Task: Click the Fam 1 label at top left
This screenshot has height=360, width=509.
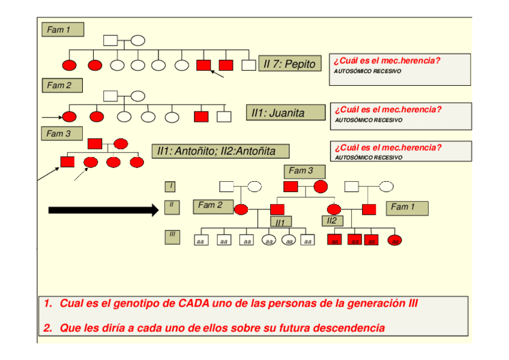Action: [62, 29]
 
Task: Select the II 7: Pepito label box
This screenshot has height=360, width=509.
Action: [289, 64]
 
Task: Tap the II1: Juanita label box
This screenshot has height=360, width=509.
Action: [278, 113]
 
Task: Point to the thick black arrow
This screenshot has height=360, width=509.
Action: [102, 210]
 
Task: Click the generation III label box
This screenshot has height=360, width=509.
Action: [171, 236]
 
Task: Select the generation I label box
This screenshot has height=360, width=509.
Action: [170, 187]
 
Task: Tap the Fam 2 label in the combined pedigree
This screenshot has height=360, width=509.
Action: [211, 205]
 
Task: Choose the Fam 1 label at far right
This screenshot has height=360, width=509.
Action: [407, 208]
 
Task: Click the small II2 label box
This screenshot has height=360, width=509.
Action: [332, 221]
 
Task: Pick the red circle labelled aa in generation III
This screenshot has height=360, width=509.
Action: [394, 241]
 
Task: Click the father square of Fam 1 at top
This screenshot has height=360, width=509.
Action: [110, 41]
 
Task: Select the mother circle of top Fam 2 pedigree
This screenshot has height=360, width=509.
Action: [138, 96]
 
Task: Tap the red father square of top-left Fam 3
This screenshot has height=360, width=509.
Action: [94, 143]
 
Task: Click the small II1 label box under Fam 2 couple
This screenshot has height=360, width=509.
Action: [279, 223]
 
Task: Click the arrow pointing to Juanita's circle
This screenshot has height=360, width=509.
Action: [52, 116]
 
